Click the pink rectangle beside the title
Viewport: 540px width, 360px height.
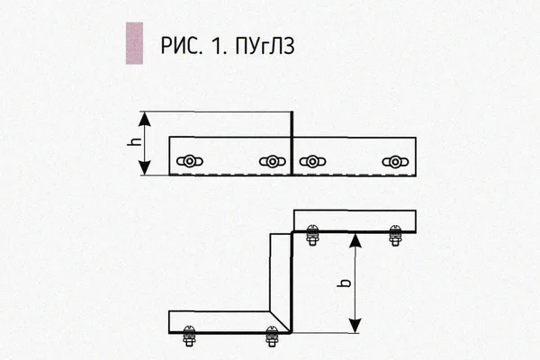pos(134,43)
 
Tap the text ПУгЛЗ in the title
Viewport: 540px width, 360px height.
pos(265,46)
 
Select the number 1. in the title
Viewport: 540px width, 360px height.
pos(220,46)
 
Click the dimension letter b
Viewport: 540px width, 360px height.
pos(345,283)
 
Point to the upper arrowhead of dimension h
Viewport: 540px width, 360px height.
pos(145,119)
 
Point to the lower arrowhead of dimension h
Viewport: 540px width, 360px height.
pos(145,167)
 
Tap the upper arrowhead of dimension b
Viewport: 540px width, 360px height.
pos(355,240)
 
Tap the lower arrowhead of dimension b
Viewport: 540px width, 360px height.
pos(355,326)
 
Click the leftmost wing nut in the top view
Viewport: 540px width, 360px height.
pos(189,161)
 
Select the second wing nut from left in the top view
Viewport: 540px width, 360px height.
pos(272,161)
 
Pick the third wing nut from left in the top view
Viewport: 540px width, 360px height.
pos(312,161)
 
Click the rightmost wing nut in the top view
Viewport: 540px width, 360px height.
pos(395,161)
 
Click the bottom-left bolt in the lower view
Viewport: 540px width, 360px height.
pos(189,336)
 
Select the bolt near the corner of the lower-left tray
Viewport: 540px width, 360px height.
pos(272,337)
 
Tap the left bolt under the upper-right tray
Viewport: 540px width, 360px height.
pos(312,235)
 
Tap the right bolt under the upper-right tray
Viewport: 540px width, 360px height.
pos(395,235)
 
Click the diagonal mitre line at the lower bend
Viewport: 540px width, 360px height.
pos(280,322)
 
